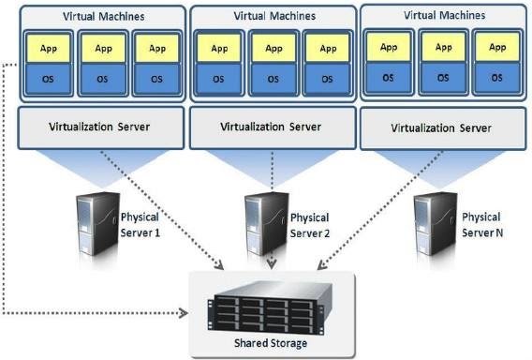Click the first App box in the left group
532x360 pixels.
[x=47, y=50]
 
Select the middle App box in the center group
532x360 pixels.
[x=272, y=50]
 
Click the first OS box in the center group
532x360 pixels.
[x=218, y=78]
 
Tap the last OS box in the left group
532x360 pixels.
[x=155, y=78]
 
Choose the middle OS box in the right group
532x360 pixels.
[x=442, y=76]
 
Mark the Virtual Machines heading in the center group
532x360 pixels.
[x=272, y=17]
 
